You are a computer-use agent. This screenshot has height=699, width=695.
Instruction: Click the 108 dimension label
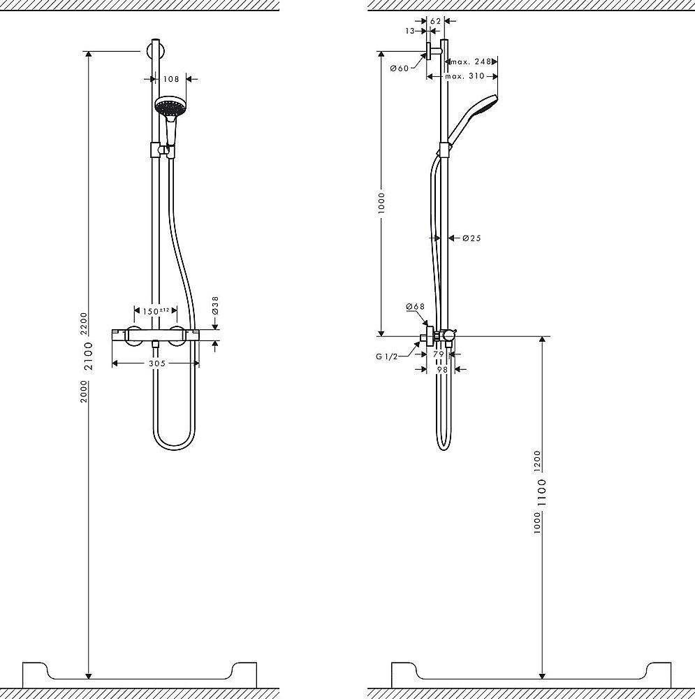(171, 79)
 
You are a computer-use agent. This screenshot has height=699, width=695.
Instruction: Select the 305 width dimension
(156, 363)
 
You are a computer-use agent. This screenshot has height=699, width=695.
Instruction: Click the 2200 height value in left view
(84, 322)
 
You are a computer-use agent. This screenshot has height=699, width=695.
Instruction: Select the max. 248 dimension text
(474, 62)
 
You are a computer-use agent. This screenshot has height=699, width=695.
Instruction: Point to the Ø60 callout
(399, 68)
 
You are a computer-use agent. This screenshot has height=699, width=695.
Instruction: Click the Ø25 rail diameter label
(471, 238)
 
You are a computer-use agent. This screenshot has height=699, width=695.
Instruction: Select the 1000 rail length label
(382, 204)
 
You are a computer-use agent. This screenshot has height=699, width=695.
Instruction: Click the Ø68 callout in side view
(416, 307)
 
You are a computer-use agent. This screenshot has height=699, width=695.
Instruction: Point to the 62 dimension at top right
(436, 21)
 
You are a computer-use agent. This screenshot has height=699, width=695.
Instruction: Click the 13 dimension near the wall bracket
(410, 31)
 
